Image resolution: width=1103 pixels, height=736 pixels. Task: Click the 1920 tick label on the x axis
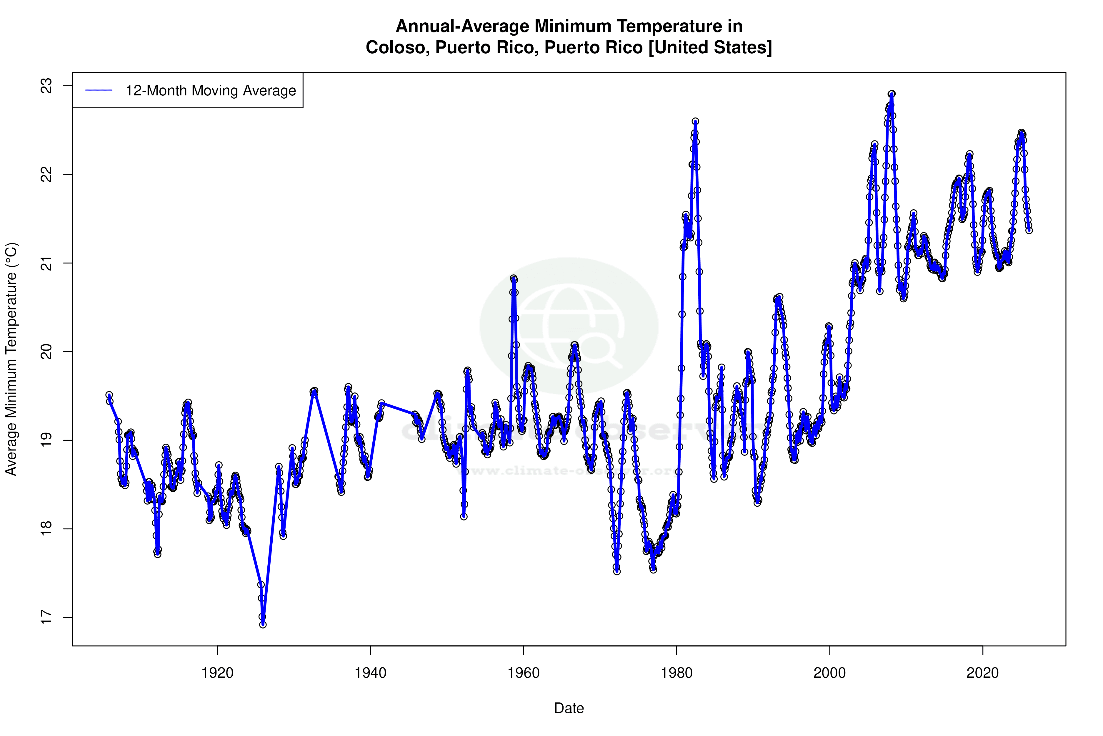217,673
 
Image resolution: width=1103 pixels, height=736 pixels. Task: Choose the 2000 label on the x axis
829,673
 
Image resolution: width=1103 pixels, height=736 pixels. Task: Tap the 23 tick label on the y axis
47,86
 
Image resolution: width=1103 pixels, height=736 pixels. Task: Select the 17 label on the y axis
47,617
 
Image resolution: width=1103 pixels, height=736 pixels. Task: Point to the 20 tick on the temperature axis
47,352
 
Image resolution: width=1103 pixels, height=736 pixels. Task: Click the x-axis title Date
569,708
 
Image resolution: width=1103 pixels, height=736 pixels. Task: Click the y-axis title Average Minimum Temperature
11,359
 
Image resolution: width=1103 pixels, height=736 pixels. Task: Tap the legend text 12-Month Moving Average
211,91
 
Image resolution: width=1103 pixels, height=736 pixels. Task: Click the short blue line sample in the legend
99,91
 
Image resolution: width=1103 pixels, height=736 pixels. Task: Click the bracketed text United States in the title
710,47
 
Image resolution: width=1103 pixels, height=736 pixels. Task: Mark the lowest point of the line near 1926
263,624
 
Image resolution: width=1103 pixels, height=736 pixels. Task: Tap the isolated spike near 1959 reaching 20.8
514,279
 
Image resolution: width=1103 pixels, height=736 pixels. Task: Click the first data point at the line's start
109,395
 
